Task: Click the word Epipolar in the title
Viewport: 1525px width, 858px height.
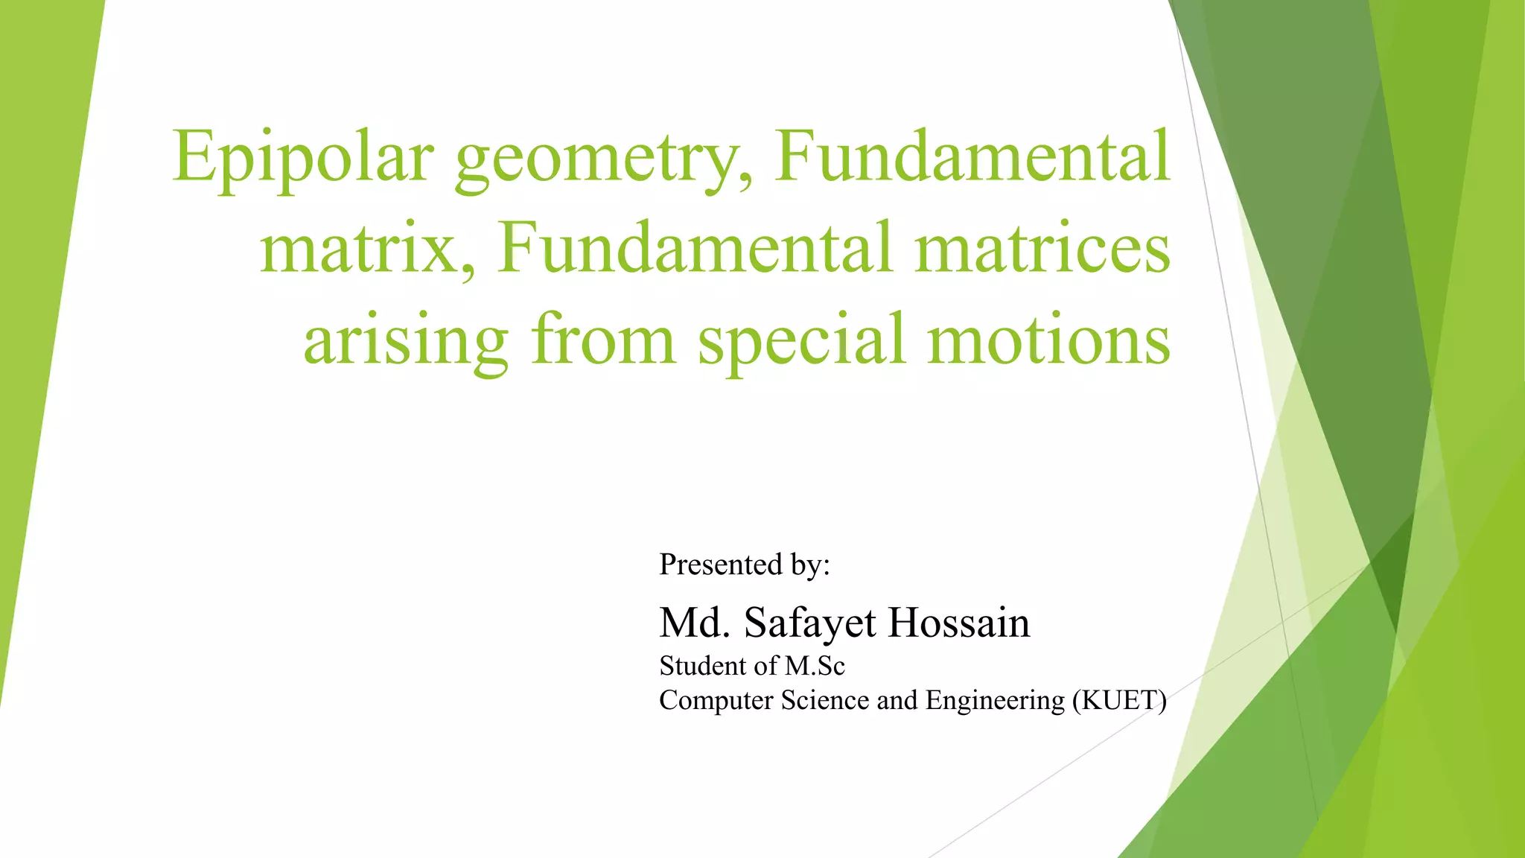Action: (303, 158)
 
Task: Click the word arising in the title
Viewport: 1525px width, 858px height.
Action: (406, 340)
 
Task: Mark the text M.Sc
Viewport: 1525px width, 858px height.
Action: (815, 666)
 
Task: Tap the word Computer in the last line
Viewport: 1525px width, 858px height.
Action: (716, 701)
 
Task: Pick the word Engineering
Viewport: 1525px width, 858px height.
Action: (995, 701)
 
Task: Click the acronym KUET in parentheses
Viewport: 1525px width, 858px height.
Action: (1119, 701)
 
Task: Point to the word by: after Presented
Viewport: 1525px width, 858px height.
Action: (810, 565)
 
